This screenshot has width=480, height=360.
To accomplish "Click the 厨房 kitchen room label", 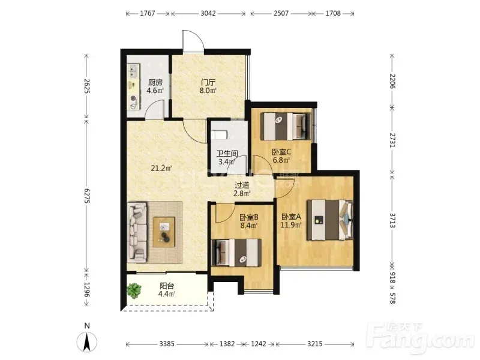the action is click(155, 82).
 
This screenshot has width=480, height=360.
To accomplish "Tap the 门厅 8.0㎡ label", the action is click(208, 86).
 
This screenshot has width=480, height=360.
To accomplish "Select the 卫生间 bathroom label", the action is click(227, 154).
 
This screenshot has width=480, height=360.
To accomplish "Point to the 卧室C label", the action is click(281, 152).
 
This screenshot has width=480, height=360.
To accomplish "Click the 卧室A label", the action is click(291, 217).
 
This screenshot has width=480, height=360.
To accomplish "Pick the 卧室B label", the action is click(249, 217).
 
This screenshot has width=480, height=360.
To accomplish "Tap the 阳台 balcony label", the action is click(167, 286).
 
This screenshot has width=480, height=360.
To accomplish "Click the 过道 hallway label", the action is click(242, 185).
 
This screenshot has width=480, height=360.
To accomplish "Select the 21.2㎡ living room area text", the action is click(161, 168).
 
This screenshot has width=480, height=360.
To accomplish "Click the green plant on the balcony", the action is click(134, 290).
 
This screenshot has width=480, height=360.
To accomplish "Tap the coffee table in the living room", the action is click(164, 232).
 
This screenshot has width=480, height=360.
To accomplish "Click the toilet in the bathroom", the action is click(219, 134).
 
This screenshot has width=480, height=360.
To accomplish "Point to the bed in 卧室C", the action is click(286, 127).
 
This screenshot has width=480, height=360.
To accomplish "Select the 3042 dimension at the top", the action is click(208, 13).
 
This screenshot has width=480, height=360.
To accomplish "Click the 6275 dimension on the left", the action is click(87, 196).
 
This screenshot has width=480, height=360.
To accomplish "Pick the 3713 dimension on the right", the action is click(392, 220).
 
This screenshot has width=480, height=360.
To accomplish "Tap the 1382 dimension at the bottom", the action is click(227, 344).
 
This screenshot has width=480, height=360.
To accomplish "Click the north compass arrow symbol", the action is click(87, 341).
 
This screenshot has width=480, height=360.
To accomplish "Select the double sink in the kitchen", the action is click(133, 71).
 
